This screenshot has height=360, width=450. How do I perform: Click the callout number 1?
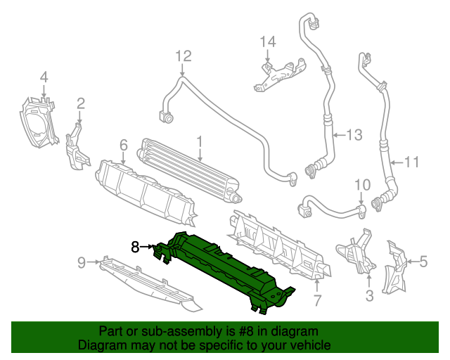pyautogui.click(x=200, y=143)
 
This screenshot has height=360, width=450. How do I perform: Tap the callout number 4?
pyautogui.click(x=44, y=77)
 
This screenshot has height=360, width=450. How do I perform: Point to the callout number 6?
pyautogui.click(x=123, y=145)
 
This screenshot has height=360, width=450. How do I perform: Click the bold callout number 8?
pyautogui.click(x=136, y=246)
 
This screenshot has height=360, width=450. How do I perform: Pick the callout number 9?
pyautogui.click(x=82, y=263)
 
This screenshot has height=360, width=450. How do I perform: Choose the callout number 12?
pyautogui.click(x=183, y=55)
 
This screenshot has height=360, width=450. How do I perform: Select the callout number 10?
pyautogui.click(x=361, y=186)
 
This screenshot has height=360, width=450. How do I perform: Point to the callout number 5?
pyautogui.click(x=423, y=263)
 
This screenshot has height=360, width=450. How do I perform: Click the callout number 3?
pyautogui.click(x=370, y=296)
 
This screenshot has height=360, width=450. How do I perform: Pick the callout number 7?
pyautogui.click(x=317, y=301)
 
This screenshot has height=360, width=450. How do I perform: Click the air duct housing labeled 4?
pyautogui.click(x=39, y=123)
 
